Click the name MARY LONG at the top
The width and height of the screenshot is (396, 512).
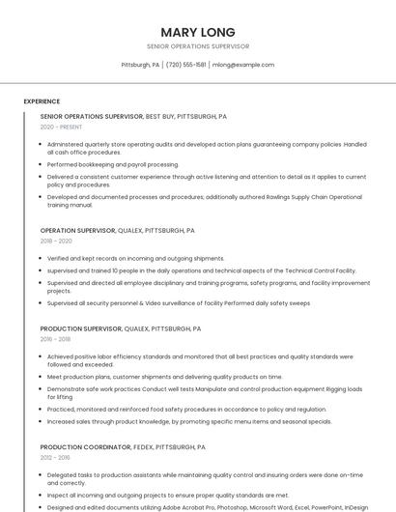tap(197, 32)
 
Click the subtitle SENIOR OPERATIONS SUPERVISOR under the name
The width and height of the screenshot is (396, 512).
tap(197, 46)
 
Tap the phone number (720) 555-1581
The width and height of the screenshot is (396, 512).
tap(185, 65)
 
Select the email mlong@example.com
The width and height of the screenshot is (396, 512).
tap(242, 65)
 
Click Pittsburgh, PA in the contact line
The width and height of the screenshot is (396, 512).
tap(140, 65)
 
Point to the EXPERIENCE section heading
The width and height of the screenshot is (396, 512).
tap(42, 101)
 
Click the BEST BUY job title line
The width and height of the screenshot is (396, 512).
tap(133, 116)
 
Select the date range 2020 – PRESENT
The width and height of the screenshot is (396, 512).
tap(61, 127)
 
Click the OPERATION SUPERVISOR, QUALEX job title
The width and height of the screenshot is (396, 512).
tap(117, 231)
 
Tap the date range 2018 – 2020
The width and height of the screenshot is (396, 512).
tap(56, 242)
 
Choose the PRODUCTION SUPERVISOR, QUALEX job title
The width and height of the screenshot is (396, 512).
tap(120, 328)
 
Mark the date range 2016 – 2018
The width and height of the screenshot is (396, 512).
tap(55, 339)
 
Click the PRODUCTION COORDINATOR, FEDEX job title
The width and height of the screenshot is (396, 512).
tap(123, 447)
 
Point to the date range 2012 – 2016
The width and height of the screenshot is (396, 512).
tap(55, 458)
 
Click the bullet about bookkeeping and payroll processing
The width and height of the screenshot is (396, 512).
tap(113, 164)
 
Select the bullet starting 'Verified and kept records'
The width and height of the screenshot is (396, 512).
tap(135, 259)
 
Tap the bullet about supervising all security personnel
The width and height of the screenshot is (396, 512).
tap(179, 302)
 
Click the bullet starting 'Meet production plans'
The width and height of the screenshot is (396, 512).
tap(164, 377)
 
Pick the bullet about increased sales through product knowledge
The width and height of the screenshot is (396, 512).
tap(189, 421)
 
